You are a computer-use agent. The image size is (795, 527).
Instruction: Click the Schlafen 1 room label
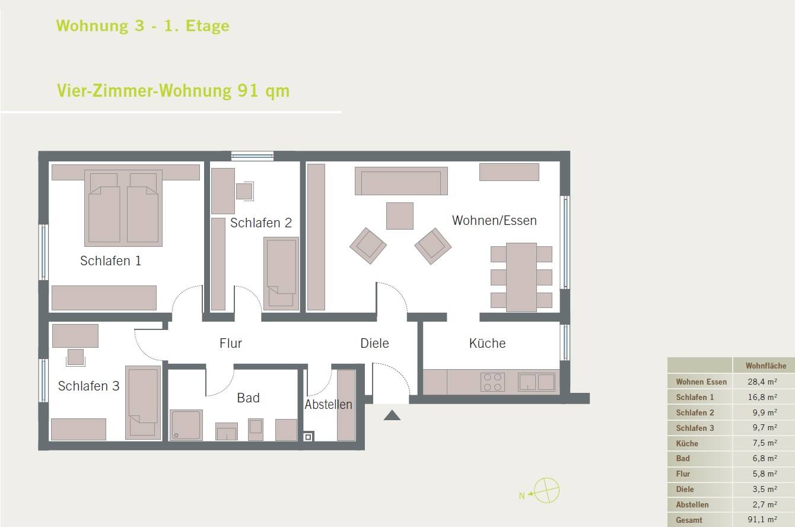(110, 261)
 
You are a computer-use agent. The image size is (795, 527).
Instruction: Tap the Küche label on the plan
(487, 343)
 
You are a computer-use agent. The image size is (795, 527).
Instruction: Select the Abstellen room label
(328, 405)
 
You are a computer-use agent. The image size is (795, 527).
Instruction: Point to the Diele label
(374, 343)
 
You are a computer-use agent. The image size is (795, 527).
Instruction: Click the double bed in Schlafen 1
(123, 209)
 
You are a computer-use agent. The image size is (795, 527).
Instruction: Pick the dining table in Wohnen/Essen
(521, 277)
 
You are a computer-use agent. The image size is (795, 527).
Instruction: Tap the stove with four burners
(492, 382)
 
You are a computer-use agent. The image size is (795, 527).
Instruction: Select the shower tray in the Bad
(186, 425)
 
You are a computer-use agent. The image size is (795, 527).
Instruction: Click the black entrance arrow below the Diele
(392, 415)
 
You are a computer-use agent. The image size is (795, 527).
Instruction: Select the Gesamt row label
(689, 520)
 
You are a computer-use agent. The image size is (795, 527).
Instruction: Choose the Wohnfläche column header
(765, 366)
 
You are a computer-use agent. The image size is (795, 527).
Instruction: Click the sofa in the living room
(401, 181)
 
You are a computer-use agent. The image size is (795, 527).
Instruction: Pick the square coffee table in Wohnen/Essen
(399, 216)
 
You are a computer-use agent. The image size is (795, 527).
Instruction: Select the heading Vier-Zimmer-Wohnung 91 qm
(173, 91)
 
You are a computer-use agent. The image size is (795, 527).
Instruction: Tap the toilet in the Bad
(255, 429)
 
